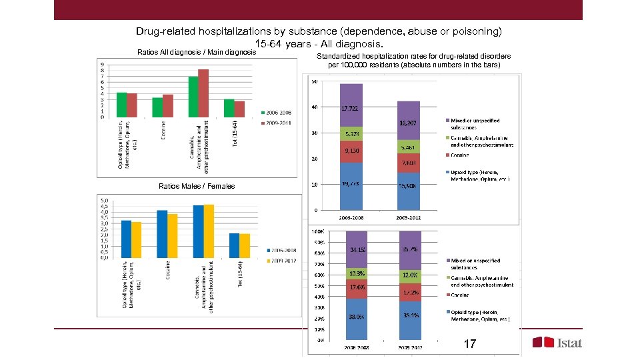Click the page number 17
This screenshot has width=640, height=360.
click(x=469, y=344)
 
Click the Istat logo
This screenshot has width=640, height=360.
click(x=557, y=343)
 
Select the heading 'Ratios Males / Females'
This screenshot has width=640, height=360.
click(x=196, y=187)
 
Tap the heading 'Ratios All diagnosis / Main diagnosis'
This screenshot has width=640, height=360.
click(x=196, y=51)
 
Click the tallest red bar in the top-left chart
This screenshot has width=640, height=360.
click(x=203, y=93)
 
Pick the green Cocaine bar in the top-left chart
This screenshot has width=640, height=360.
click(x=157, y=107)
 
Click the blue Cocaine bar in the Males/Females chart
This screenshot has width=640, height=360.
click(x=161, y=234)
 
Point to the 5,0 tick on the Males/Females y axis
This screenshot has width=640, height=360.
click(x=105, y=200)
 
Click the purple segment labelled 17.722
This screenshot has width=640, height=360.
click(x=351, y=105)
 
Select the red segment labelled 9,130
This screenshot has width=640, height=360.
click(x=351, y=151)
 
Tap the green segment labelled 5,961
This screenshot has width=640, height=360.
click(x=409, y=146)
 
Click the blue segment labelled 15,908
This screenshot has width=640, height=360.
click(x=409, y=191)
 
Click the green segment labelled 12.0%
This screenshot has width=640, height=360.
click(x=409, y=275)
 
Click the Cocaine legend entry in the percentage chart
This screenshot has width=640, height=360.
click(x=459, y=295)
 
